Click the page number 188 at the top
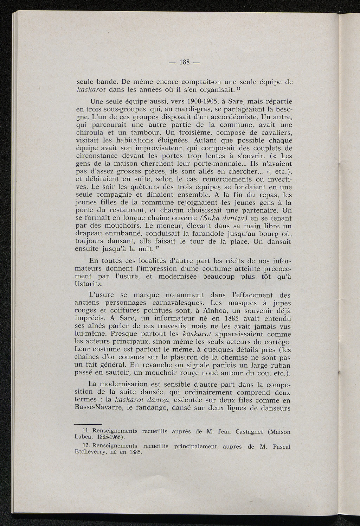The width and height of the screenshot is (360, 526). [184, 63]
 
